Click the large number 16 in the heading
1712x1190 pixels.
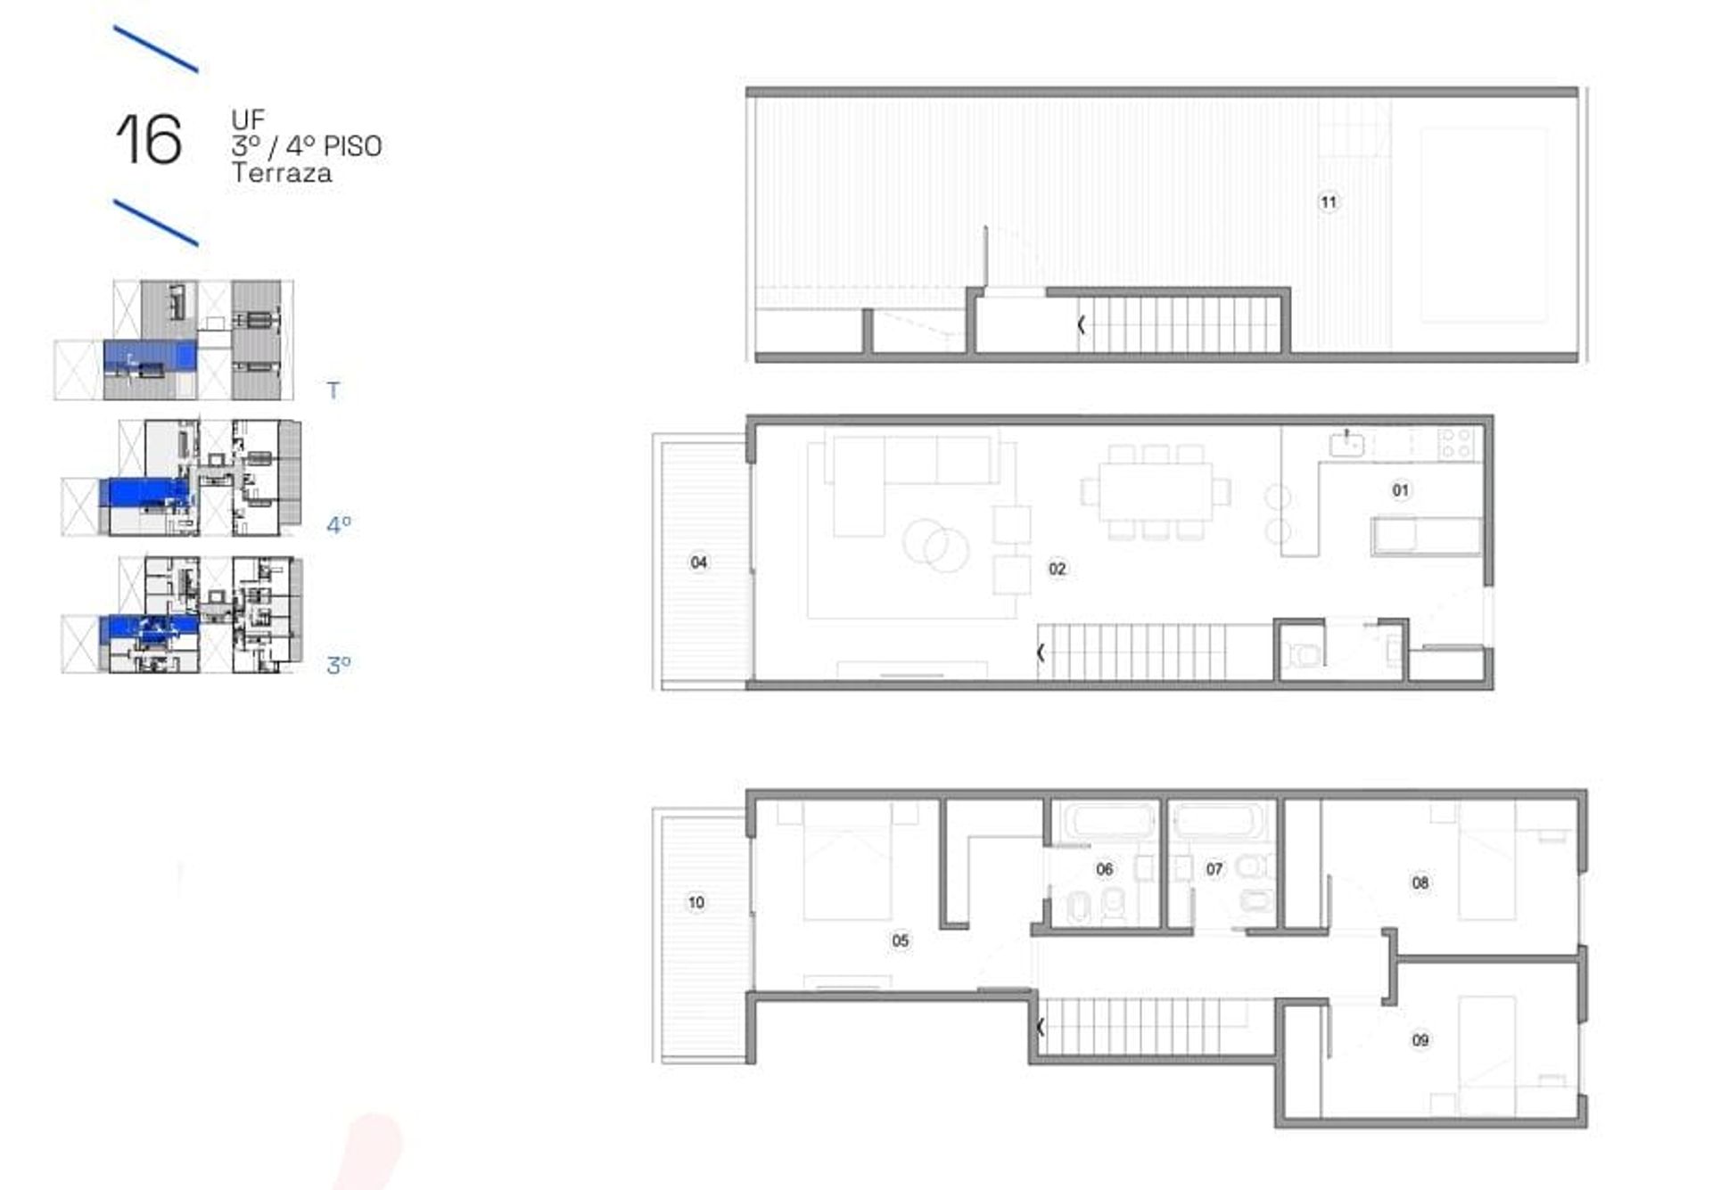click(149, 140)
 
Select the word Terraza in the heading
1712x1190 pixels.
click(282, 173)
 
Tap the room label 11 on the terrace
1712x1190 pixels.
click(1329, 202)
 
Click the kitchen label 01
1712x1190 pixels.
click(1401, 490)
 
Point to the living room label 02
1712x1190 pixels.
click(1058, 569)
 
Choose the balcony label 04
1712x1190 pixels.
click(699, 562)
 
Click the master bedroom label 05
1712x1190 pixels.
click(901, 940)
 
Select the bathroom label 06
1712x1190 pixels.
click(1105, 869)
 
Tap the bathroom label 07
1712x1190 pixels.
click(1214, 869)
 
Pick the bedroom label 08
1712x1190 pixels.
click(1420, 882)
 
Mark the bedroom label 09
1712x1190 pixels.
click(1420, 1040)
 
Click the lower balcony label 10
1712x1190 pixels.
click(696, 902)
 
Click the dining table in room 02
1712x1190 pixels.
click(1156, 491)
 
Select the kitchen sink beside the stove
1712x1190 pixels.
click(1347, 444)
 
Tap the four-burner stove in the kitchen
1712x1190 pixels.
click(1458, 444)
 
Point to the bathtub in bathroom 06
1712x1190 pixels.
click(1105, 821)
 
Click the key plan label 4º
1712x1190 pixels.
click(339, 524)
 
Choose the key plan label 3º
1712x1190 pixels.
click(339, 665)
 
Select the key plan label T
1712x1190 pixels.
click(333, 390)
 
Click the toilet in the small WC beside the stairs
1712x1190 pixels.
click(1305, 655)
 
